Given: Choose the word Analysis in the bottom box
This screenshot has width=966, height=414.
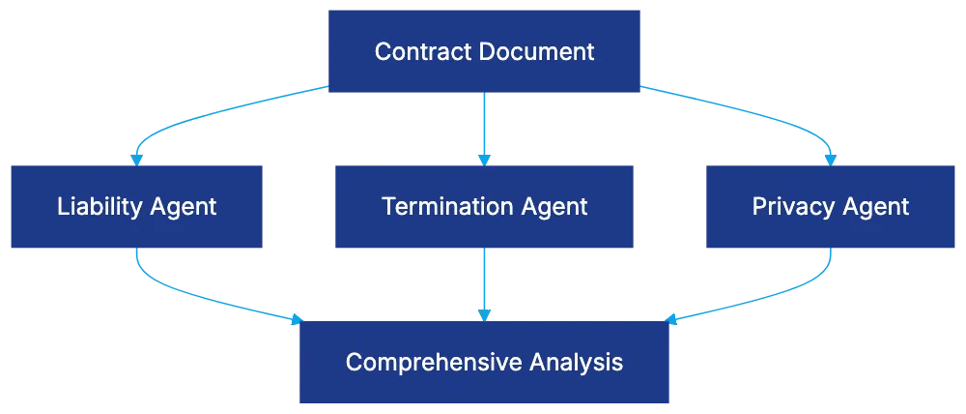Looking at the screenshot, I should click(576, 363).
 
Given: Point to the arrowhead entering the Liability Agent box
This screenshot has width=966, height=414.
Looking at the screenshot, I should click(137, 158).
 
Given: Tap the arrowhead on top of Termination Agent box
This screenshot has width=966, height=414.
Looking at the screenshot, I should click(483, 158).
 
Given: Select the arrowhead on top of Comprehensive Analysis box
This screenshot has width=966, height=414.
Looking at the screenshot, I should click(483, 314).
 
